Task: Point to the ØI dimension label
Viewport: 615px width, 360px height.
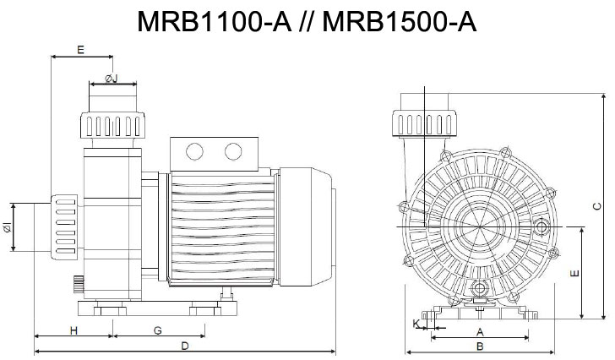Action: (x=8, y=227)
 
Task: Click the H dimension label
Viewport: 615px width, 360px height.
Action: (x=73, y=330)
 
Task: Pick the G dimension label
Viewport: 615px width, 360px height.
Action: (x=157, y=330)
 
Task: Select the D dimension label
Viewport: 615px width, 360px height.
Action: (x=184, y=346)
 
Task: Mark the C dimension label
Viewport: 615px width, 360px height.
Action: (x=596, y=205)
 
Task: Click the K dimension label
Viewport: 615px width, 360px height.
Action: (x=416, y=323)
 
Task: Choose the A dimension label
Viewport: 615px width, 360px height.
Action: (x=479, y=331)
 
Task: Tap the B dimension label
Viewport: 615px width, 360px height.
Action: (x=479, y=346)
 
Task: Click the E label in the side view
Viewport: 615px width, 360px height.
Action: (x=79, y=50)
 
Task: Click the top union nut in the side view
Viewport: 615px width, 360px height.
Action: (x=112, y=126)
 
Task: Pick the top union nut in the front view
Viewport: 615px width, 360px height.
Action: (x=426, y=124)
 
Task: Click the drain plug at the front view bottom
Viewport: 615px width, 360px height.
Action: (x=480, y=290)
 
